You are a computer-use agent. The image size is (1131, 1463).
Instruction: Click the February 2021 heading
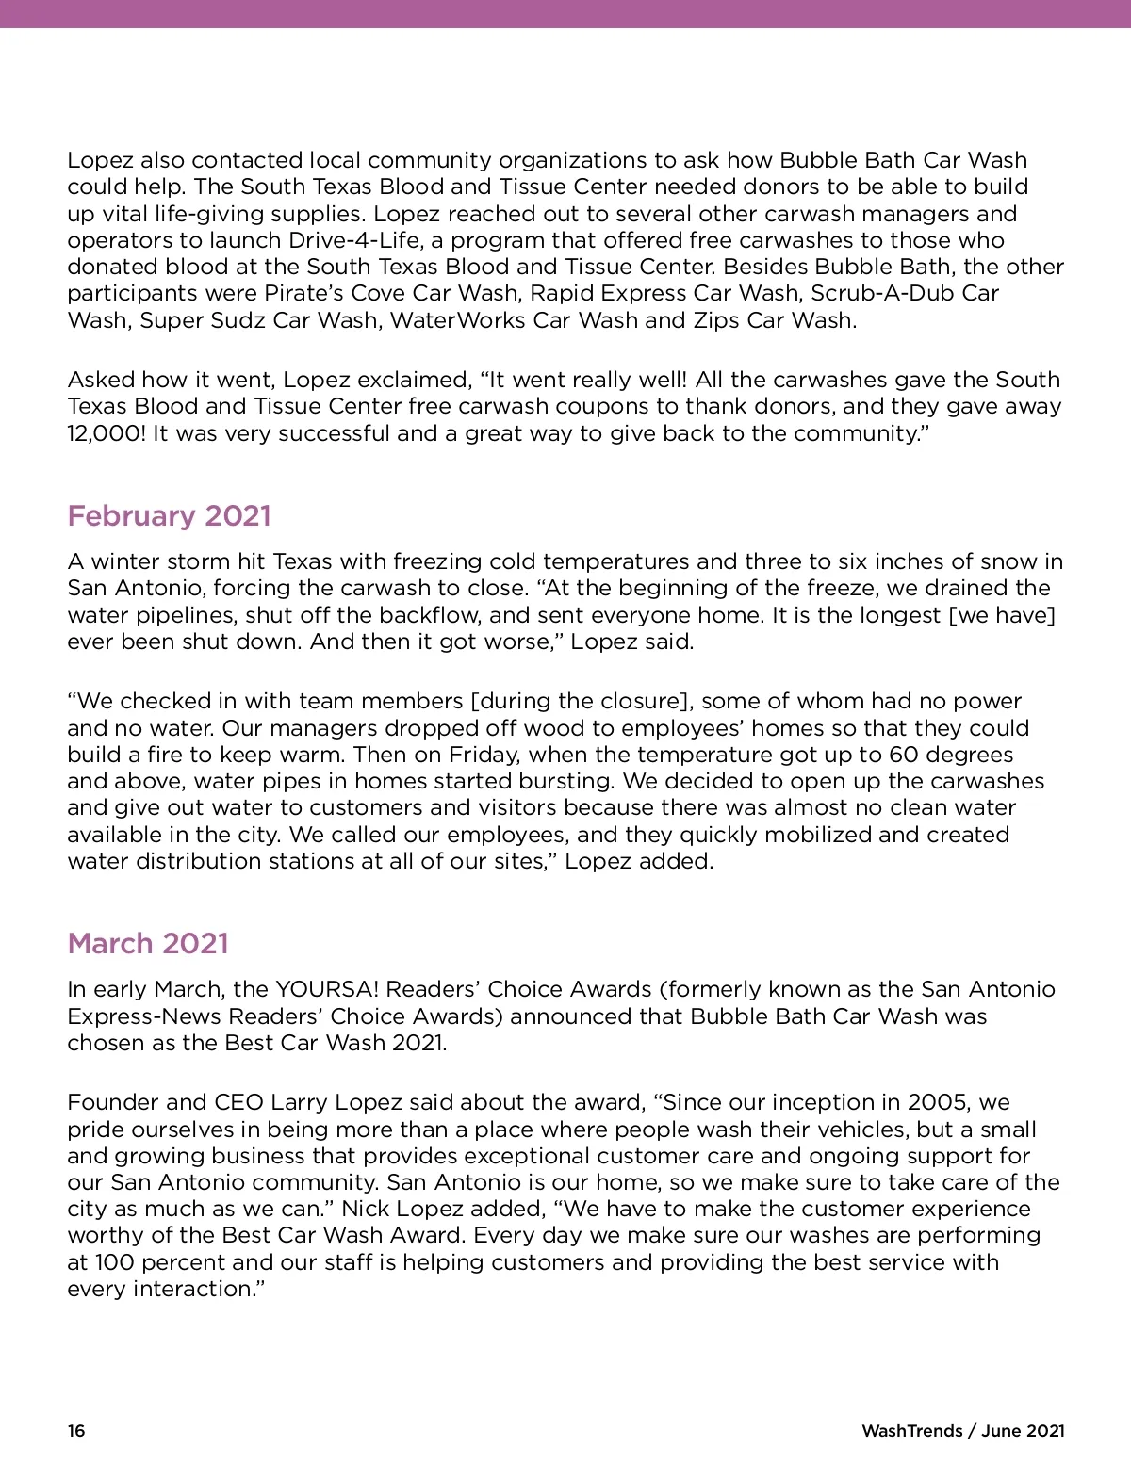[x=169, y=515]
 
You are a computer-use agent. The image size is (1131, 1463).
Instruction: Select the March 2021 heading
[x=148, y=943]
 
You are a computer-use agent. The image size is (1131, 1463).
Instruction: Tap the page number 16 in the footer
[x=75, y=1430]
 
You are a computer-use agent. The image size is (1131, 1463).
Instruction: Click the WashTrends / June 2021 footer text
[x=962, y=1430]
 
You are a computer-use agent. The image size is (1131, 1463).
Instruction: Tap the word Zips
[x=717, y=320]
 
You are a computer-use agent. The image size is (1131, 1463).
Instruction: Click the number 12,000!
[x=107, y=433]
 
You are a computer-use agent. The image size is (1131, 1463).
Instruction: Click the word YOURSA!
[x=326, y=989]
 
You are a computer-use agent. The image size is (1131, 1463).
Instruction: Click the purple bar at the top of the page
[x=565, y=13]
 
